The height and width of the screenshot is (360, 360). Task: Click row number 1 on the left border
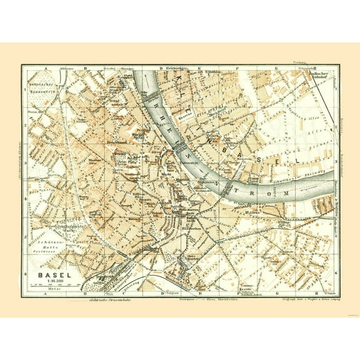click(x=26, y=87)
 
